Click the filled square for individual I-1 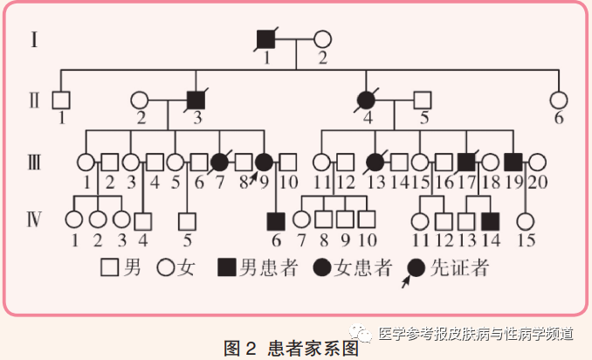(265, 39)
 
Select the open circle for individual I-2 (322, 39)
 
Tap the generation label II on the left (34, 100)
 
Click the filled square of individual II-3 (196, 100)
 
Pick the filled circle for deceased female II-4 (366, 100)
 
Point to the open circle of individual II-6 (559, 100)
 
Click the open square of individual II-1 (61, 100)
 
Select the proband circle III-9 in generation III (264, 163)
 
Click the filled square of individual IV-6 (276, 221)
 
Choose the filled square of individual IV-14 (491, 221)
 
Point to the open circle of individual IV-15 (525, 221)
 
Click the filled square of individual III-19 (513, 163)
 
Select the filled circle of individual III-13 (375, 163)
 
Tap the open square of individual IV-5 (187, 221)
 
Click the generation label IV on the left (34, 219)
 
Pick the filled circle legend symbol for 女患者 (322, 268)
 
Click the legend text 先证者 (459, 268)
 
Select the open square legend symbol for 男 (110, 268)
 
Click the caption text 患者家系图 (313, 348)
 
